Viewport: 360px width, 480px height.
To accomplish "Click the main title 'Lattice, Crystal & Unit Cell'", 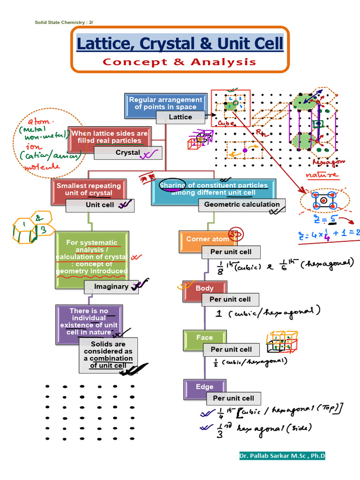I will click(180, 44).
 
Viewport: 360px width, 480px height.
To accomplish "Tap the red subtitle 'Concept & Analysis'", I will click(180, 62).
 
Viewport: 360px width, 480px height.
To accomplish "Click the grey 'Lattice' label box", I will click(180, 117).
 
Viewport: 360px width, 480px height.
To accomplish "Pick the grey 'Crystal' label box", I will click(127, 153).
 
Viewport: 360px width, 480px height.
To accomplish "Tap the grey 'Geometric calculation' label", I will click(242, 204).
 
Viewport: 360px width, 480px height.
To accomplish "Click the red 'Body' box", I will click(204, 288).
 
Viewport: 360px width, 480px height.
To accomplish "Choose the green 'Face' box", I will click(204, 337).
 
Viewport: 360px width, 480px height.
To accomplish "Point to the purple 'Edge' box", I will click(204, 387).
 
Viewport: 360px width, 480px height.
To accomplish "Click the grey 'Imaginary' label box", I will click(111, 287).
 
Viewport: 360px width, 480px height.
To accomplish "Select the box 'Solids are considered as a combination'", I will click(108, 355).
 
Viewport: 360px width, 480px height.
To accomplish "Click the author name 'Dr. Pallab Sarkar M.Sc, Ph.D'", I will click(282, 456).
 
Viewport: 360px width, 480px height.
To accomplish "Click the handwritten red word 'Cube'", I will click(227, 122).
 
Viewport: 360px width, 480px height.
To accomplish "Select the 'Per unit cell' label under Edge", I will click(233, 398).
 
